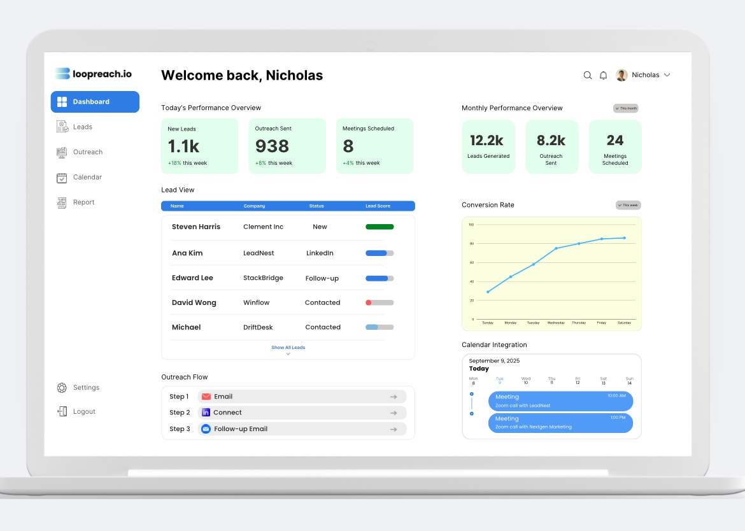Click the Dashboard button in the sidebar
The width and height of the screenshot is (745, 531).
(x=94, y=102)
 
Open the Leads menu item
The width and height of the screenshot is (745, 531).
(x=82, y=127)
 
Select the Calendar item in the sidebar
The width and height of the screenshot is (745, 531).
(x=87, y=178)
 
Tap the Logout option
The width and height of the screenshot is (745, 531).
(x=83, y=412)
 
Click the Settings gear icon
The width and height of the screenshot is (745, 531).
(x=62, y=388)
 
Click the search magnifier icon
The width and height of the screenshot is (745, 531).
(x=588, y=75)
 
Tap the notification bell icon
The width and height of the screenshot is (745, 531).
(x=604, y=75)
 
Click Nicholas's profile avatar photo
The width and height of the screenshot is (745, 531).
(x=621, y=75)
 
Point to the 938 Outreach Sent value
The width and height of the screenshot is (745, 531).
(x=272, y=146)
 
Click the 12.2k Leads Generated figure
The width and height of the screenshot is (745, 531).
(x=486, y=141)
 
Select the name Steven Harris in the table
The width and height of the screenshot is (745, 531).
(x=196, y=227)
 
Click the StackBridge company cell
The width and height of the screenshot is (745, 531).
(x=263, y=278)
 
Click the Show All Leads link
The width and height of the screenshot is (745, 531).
(x=288, y=348)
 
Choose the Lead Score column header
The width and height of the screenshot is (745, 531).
(x=378, y=206)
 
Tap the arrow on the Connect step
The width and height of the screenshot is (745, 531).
(x=394, y=413)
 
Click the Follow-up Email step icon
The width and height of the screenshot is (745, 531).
(x=206, y=429)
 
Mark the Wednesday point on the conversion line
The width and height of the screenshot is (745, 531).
(x=556, y=248)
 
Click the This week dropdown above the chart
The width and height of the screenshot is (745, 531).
(x=628, y=205)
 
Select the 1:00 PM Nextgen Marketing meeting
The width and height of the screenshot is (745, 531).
(x=560, y=423)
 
